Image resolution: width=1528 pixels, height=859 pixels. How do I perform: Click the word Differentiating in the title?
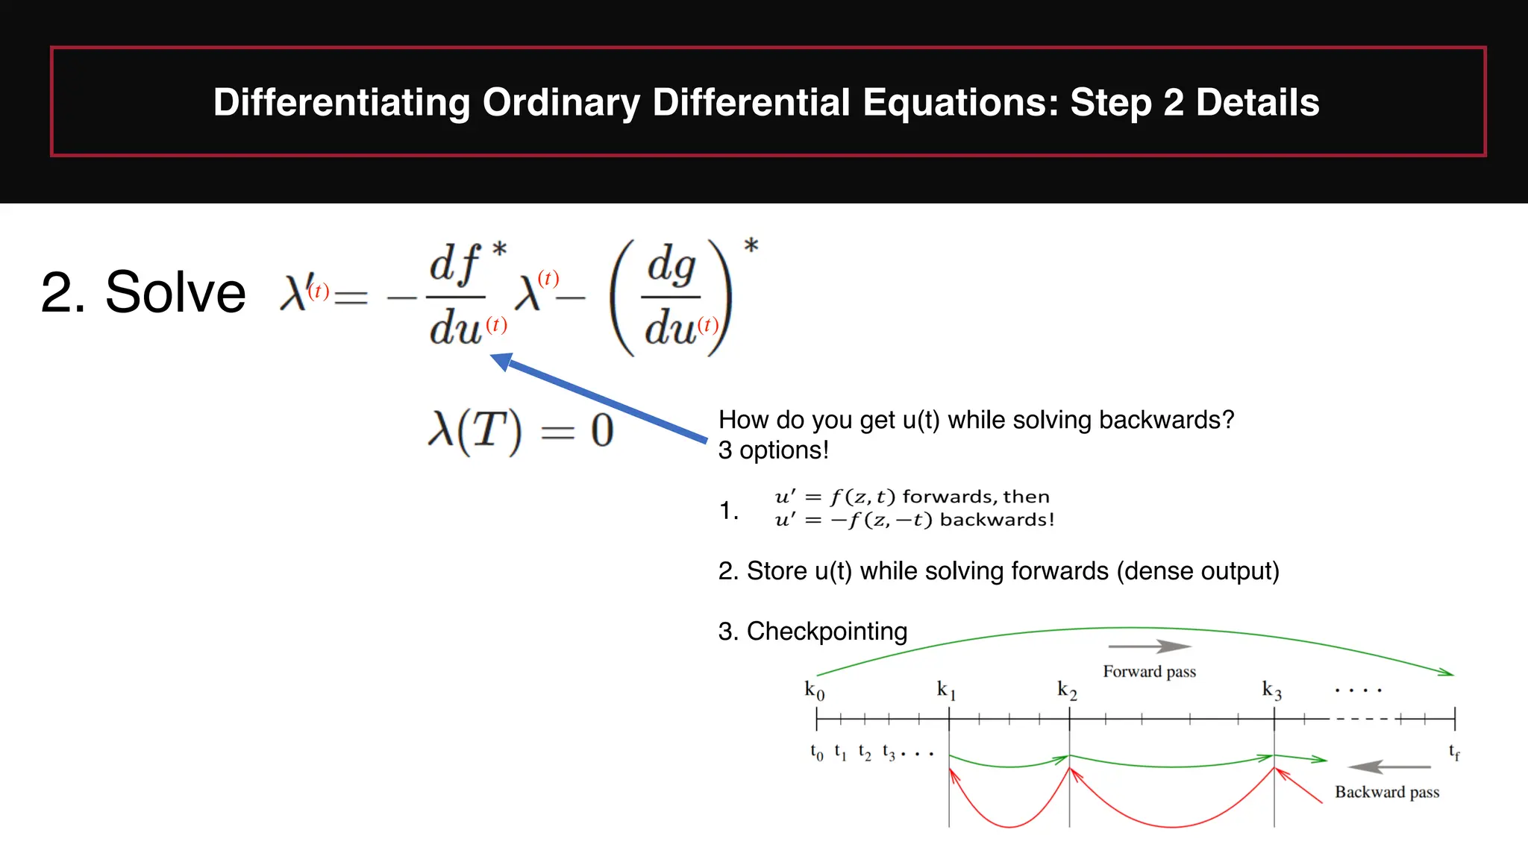(x=342, y=102)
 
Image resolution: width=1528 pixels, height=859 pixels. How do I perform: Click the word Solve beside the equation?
(x=175, y=292)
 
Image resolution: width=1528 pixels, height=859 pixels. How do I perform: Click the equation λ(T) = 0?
(x=521, y=431)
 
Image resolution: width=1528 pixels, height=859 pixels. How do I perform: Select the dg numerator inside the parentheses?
(x=671, y=266)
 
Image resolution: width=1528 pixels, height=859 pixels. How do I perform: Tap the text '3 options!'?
(x=773, y=450)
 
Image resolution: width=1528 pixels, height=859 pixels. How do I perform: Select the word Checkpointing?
(x=827, y=632)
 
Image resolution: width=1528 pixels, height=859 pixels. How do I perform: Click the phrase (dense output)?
(x=1197, y=571)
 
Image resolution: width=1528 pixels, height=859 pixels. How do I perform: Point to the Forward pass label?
(x=1149, y=672)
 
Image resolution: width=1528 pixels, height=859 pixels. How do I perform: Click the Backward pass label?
(x=1386, y=792)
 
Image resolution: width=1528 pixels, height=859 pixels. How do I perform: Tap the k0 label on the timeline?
(x=814, y=690)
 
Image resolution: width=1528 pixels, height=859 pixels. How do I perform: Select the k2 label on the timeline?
(x=1067, y=690)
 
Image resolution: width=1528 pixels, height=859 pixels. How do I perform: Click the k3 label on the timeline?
(x=1271, y=690)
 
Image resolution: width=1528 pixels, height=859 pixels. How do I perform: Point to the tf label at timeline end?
(x=1454, y=752)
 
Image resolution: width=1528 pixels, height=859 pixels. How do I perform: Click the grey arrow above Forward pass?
(x=1149, y=646)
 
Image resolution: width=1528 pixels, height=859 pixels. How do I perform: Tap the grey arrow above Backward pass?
(x=1389, y=767)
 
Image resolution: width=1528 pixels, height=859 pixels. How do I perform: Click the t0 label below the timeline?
(x=816, y=752)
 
